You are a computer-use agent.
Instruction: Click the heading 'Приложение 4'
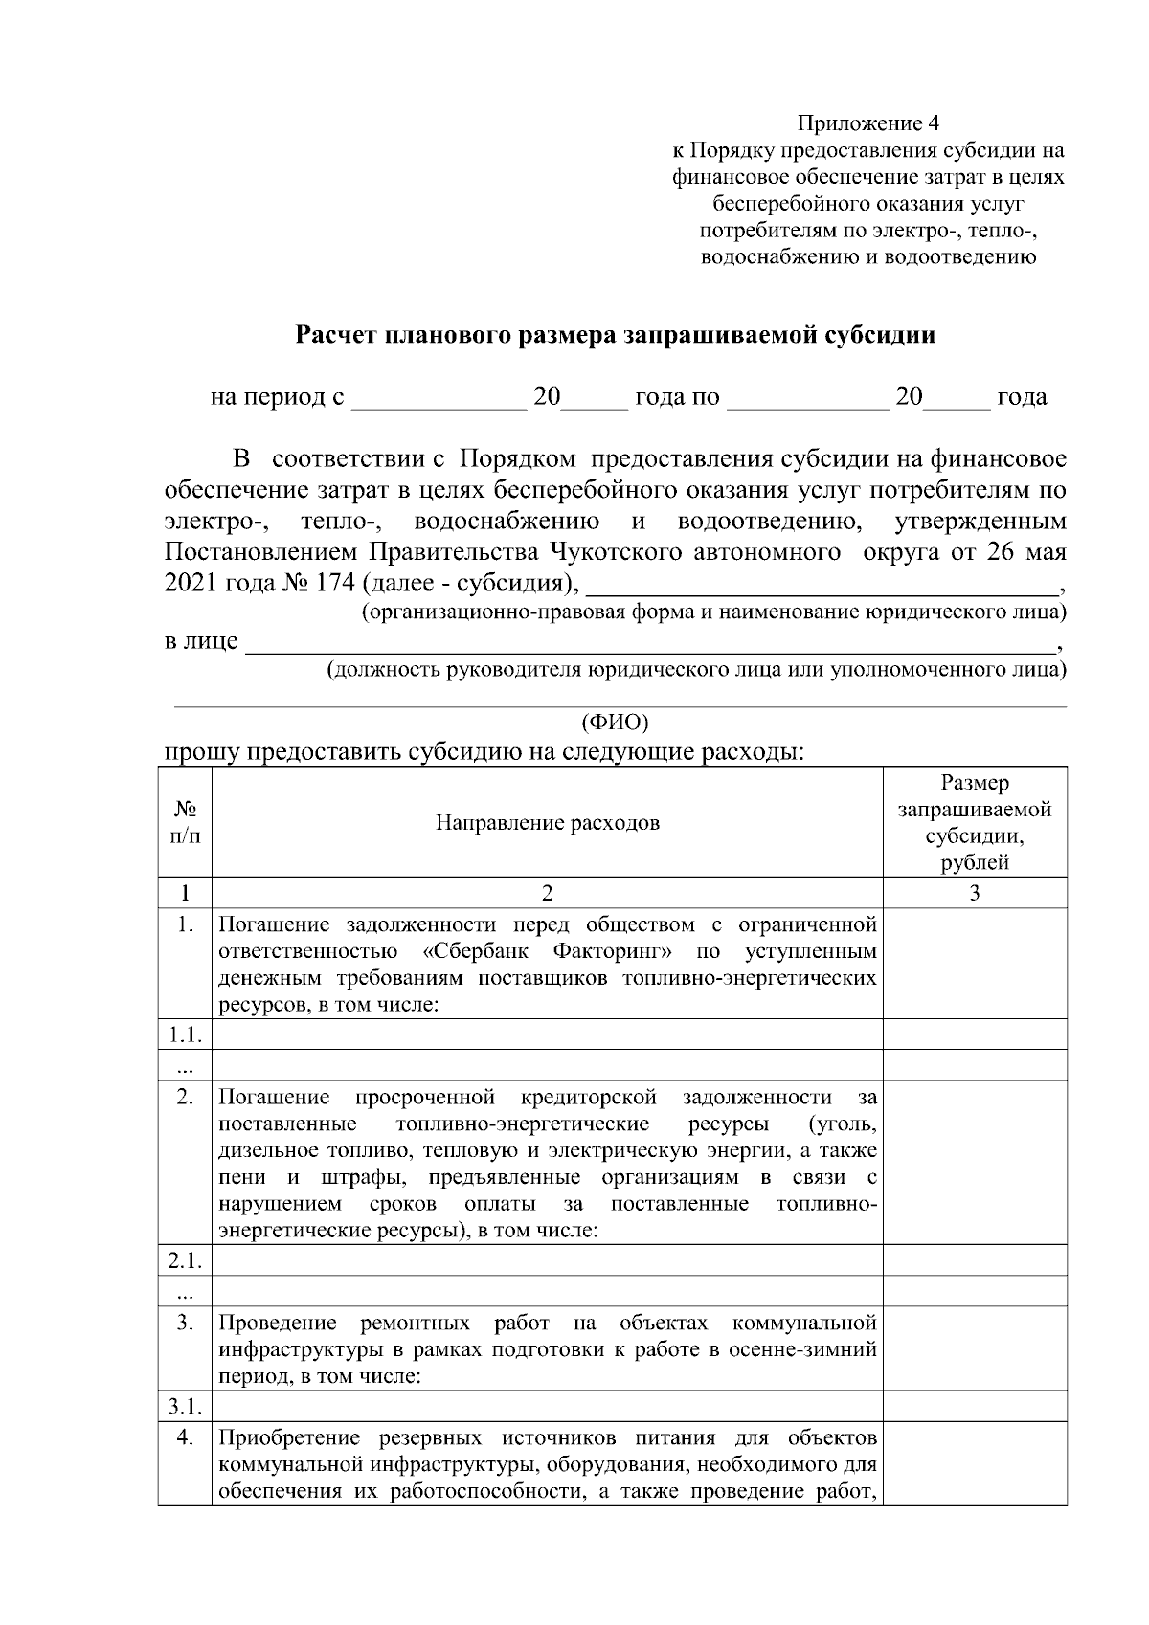(x=868, y=123)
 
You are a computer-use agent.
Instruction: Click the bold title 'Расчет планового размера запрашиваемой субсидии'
(x=615, y=335)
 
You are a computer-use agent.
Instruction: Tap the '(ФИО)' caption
(x=615, y=720)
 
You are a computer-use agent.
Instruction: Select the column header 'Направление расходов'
(x=547, y=822)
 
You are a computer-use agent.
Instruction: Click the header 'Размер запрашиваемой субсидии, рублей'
(x=974, y=822)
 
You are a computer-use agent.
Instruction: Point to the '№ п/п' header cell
(x=184, y=822)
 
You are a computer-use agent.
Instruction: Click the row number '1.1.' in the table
(x=184, y=1034)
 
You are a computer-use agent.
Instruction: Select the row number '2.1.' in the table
(x=184, y=1260)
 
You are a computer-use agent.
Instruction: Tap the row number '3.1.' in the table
(x=184, y=1406)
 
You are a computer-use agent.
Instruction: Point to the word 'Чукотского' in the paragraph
(x=619, y=553)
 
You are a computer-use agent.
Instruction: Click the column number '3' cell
(x=974, y=893)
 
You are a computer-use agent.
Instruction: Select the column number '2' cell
(x=547, y=893)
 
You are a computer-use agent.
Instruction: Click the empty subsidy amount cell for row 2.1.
(x=974, y=1260)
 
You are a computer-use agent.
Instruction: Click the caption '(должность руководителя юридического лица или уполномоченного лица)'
(x=696, y=670)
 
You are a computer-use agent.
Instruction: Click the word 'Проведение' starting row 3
(x=278, y=1324)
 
